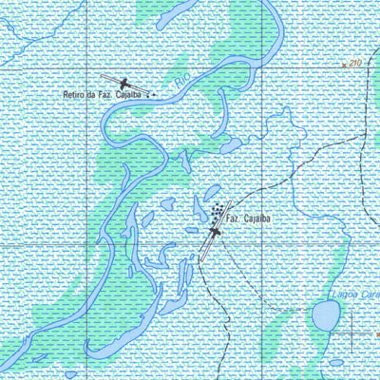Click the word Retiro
[x=73, y=95]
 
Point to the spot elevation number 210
[x=356, y=63]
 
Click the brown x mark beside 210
[x=344, y=65]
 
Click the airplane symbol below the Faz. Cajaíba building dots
[x=215, y=231]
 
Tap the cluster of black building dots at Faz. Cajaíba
[x=219, y=208]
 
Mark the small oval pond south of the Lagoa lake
[x=335, y=361]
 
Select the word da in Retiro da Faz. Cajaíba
[x=94, y=95]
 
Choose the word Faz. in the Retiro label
[x=110, y=95]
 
